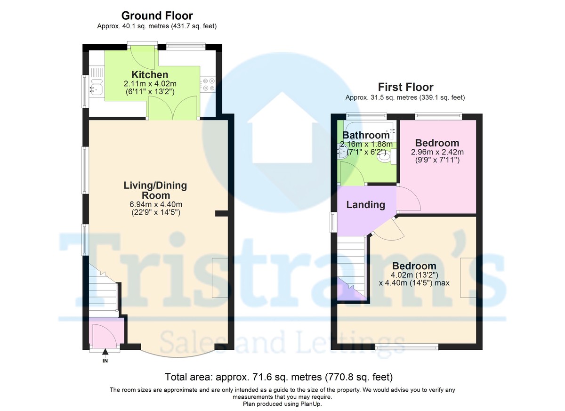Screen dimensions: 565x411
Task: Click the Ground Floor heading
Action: [157, 16]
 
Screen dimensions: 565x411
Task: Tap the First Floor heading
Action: [405, 87]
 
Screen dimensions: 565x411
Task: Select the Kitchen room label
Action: [150, 75]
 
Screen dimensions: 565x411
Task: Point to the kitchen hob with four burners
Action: [208, 85]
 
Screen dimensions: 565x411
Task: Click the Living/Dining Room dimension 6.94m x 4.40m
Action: [156, 204]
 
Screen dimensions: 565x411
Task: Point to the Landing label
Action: [365, 205]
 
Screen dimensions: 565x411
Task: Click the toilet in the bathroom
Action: [386, 156]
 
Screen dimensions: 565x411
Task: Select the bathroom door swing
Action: [352, 173]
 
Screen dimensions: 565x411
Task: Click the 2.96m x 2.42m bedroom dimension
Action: [437, 152]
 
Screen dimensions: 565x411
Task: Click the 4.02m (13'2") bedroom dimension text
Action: [414, 274]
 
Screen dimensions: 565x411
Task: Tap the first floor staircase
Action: [352, 268]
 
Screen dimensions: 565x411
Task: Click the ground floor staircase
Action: [104, 290]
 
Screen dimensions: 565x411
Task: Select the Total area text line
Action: [279, 377]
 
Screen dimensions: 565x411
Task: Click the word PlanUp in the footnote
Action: [311, 404]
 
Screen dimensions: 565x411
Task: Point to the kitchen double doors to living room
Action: [173, 107]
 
